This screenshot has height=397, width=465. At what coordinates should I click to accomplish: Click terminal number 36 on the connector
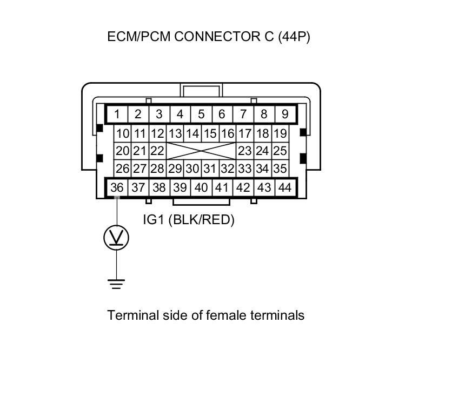[117, 187]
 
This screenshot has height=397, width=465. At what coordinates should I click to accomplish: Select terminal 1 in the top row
[117, 114]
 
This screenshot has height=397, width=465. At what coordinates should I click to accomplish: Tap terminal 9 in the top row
[285, 114]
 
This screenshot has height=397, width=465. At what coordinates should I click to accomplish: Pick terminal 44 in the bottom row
[284, 187]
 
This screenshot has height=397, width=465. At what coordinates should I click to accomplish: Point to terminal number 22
[157, 151]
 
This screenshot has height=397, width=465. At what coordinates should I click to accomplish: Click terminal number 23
[245, 151]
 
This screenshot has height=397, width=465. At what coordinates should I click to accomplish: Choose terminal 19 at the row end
[280, 133]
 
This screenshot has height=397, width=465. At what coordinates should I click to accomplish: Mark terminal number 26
[123, 169]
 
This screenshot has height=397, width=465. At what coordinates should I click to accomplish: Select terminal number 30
[192, 169]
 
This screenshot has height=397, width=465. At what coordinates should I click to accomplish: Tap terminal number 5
[201, 114]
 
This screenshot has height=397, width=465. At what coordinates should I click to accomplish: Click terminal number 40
[201, 187]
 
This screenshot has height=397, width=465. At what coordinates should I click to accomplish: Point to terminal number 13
[175, 133]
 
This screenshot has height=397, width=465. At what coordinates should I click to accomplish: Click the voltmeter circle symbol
[116, 238]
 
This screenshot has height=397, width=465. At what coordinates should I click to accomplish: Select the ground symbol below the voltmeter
[116, 283]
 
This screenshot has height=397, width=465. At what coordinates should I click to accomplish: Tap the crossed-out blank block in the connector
[201, 151]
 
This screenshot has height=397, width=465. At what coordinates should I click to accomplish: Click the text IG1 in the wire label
[154, 220]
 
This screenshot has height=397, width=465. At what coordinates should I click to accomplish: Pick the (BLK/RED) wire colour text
[202, 220]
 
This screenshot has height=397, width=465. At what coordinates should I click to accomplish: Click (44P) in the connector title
[294, 37]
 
